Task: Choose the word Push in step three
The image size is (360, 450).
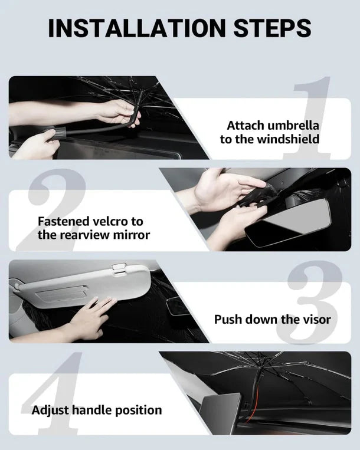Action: point(227,320)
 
